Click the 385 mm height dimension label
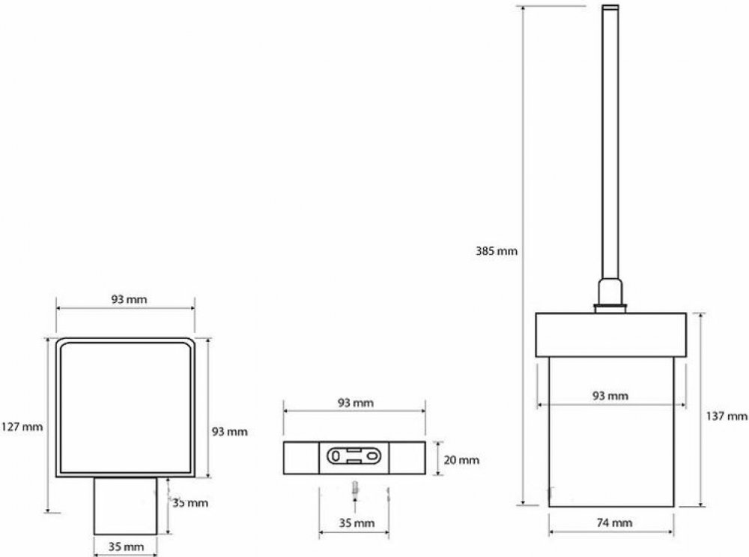pos(497,251)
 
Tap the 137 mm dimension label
pos(727,416)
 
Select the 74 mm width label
pos(614,523)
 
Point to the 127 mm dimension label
pos(22,427)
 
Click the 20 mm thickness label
pos(461,460)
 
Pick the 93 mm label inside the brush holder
pos(610,396)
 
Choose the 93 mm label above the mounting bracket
pos(356,403)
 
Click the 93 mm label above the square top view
pos(129,299)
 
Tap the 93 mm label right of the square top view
pos(230,432)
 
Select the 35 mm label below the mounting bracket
pos(357,523)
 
